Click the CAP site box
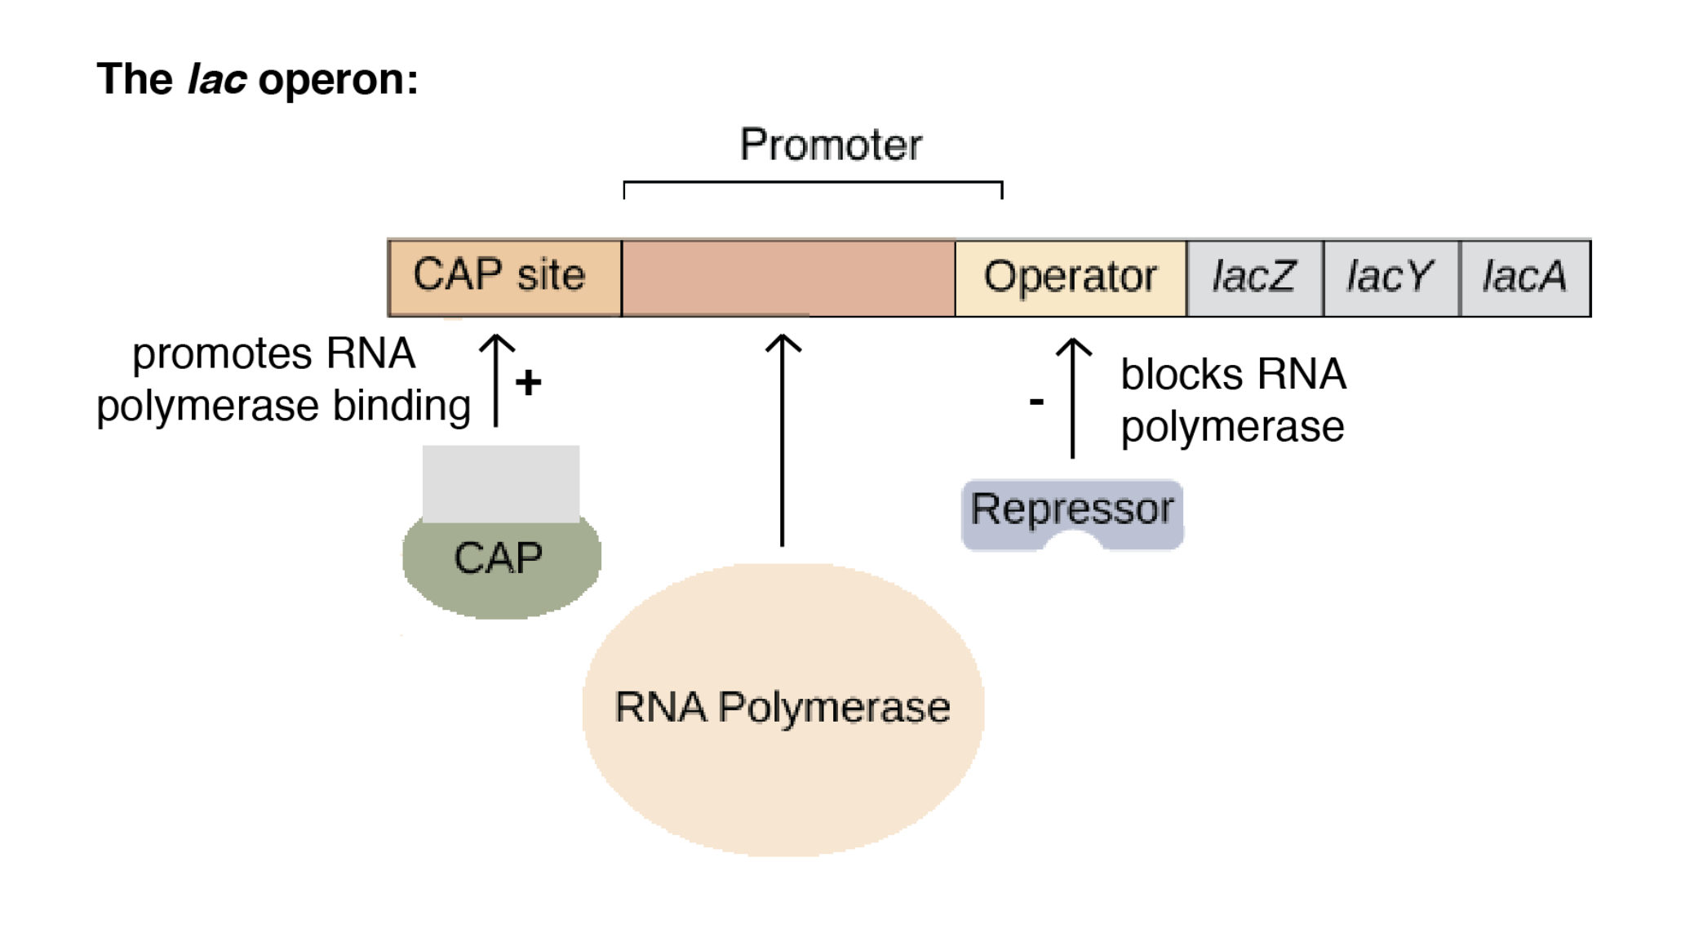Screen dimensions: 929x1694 click(x=504, y=278)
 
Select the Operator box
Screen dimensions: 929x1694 click(x=1070, y=278)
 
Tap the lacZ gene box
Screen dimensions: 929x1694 click(x=1254, y=278)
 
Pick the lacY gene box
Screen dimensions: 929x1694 click(x=1390, y=278)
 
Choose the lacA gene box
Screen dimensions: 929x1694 click(x=1524, y=278)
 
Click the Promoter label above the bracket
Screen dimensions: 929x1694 click(x=831, y=145)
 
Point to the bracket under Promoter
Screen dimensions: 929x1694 click(x=813, y=184)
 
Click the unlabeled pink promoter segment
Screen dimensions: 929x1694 click(x=788, y=278)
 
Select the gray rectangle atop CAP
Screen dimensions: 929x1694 click(x=501, y=483)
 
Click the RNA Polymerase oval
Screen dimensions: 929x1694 click(x=783, y=709)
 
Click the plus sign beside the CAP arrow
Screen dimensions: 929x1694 click(x=529, y=382)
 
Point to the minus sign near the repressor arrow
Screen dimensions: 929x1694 click(x=1036, y=401)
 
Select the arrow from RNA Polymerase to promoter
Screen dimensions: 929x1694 click(x=783, y=441)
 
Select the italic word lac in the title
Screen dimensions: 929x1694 click(x=216, y=80)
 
